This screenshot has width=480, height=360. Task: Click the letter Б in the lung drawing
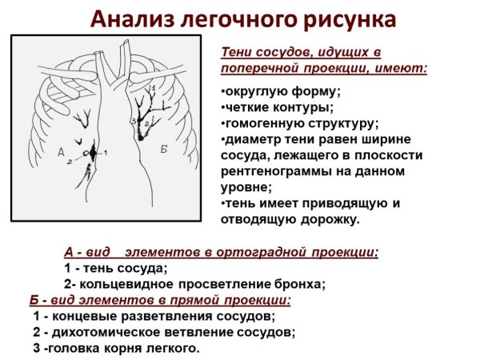163,149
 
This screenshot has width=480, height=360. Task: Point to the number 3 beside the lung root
134,121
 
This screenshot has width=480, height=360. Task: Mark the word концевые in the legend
78,317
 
